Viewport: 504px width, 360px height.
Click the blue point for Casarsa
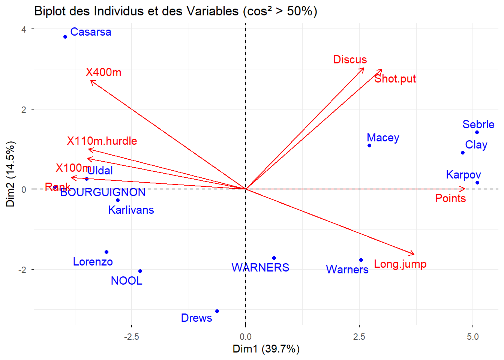tap(65, 37)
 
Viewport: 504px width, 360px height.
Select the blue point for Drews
tap(217, 311)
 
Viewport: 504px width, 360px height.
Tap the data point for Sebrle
tap(477, 132)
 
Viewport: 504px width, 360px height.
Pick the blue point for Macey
tap(369, 145)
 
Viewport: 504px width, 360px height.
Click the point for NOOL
tap(140, 271)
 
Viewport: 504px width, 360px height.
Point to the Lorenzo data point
tap(106, 252)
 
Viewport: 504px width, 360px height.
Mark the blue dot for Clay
tap(463, 153)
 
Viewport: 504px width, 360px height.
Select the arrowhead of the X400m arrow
tap(91, 81)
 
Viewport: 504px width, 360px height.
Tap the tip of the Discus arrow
tap(364, 68)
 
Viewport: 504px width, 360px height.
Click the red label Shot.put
tap(395, 79)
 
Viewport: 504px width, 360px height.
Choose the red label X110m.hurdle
tap(102, 141)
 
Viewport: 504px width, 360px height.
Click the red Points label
tap(450, 198)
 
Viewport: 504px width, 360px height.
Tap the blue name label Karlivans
tap(131, 210)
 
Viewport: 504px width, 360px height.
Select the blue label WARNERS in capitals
tap(260, 267)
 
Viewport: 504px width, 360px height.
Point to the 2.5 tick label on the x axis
tap(359, 337)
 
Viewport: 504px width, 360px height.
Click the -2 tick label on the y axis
tap(23, 270)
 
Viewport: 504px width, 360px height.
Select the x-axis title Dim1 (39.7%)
tap(266, 349)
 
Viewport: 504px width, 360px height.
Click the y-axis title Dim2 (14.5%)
tap(10, 174)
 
